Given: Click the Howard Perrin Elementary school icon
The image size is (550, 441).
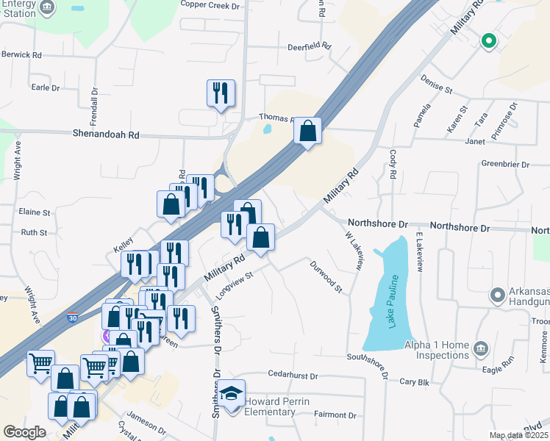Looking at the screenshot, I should pos(232,394).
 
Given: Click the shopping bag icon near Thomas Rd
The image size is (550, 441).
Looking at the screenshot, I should pos(308,132).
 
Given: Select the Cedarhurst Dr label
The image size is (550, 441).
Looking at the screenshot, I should pos(292,375).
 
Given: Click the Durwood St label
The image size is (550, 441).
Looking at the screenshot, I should pos(326,276).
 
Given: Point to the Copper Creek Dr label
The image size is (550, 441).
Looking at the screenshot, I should pos(210,6).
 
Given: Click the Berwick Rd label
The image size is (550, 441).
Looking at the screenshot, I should pos(22,55).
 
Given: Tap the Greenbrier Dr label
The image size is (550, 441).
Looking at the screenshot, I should pos(505,164).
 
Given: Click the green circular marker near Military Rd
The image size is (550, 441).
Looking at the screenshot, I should pos(488,41).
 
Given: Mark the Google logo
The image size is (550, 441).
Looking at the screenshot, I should pos(24,432).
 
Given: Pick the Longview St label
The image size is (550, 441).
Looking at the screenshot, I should pos(234,285).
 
